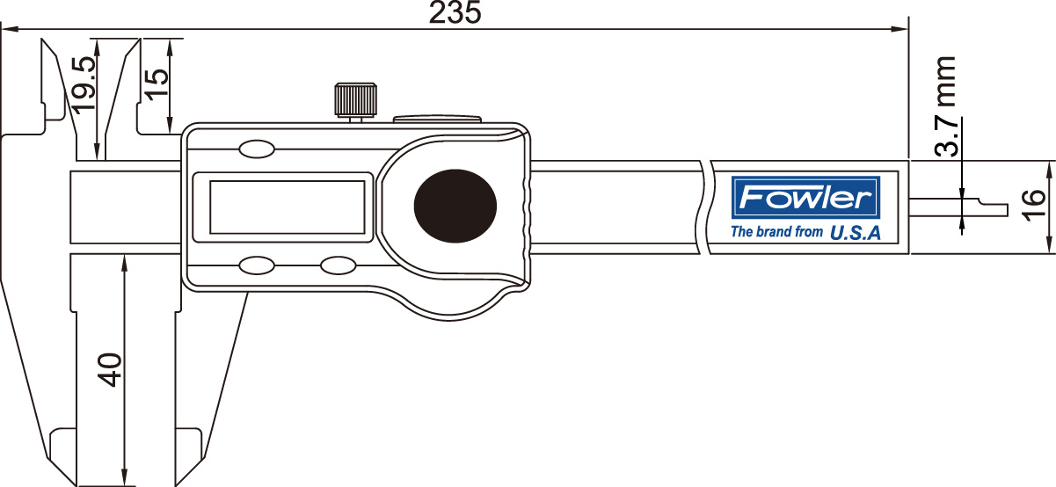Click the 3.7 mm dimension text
pos(946,106)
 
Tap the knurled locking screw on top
pos(355,99)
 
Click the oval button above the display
pos(256,149)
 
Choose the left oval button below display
pos(256,265)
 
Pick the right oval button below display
pos(337,265)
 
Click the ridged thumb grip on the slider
pos(528,211)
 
